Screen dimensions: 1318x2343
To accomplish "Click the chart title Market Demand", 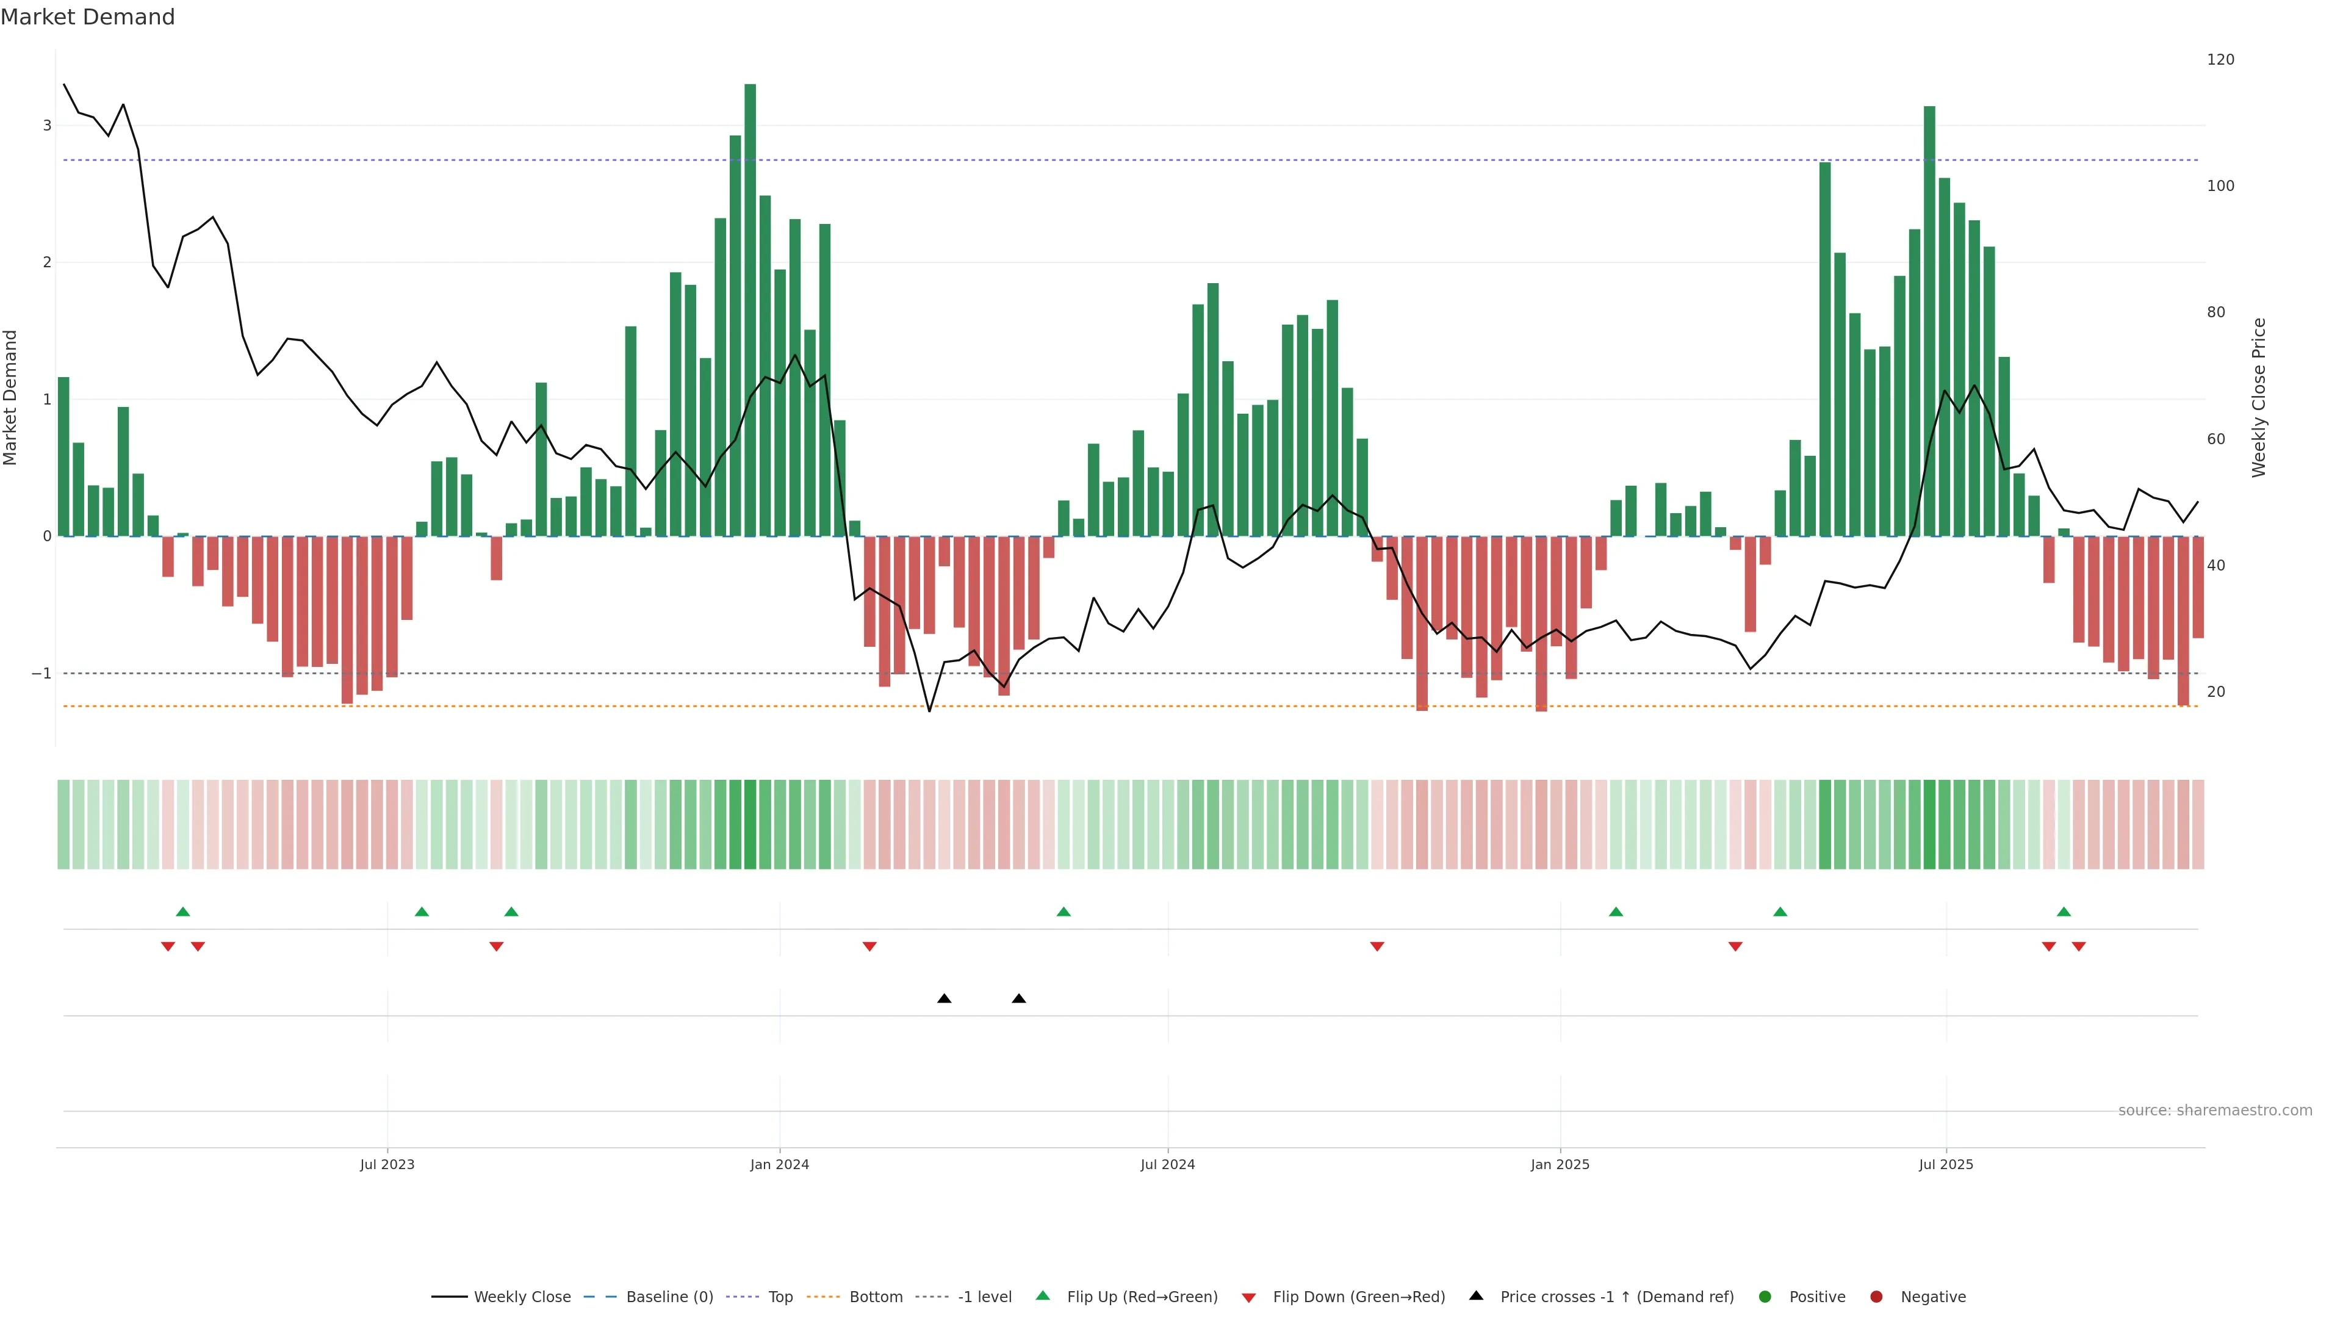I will [87, 17].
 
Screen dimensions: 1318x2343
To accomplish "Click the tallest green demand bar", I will [749, 309].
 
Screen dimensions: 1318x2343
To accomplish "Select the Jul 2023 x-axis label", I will [387, 1164].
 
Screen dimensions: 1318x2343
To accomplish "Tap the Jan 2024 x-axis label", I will [780, 1164].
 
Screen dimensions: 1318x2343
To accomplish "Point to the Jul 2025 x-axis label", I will [1946, 1164].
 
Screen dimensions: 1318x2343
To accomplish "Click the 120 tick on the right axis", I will [2220, 60].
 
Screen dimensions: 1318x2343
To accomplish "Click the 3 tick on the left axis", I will [48, 126].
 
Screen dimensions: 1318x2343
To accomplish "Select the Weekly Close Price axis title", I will [2259, 397].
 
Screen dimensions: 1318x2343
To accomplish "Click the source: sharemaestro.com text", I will [2215, 1111].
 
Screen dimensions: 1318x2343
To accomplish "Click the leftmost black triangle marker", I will [944, 999].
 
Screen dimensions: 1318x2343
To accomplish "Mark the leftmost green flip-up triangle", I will [183, 912].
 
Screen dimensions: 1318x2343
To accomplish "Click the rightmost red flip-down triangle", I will [2078, 947].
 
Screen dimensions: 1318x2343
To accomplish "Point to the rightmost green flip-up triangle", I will [2064, 912].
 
